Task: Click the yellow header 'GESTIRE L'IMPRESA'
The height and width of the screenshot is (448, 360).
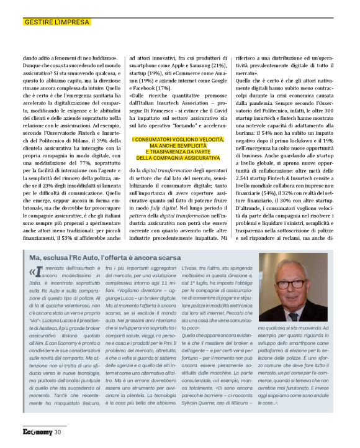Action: point(56,22)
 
